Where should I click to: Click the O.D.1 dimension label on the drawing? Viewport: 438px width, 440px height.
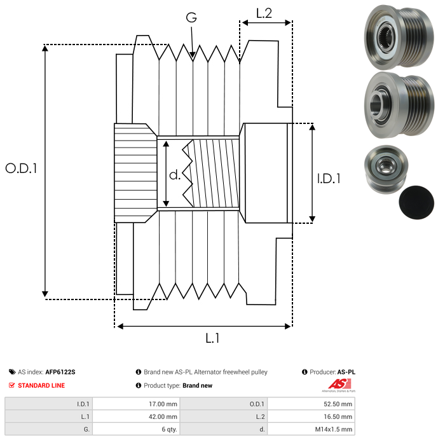(x=21, y=168)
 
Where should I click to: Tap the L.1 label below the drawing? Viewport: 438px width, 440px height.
(x=212, y=339)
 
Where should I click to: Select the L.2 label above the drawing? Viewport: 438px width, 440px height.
(x=264, y=12)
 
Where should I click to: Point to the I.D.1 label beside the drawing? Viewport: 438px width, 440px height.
(x=329, y=179)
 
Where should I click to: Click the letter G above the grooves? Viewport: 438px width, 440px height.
(x=191, y=18)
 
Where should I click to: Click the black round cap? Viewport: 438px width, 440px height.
(x=416, y=203)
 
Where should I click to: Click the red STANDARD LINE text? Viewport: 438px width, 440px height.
(x=41, y=385)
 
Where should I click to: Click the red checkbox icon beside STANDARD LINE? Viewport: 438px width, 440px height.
(x=11, y=385)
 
